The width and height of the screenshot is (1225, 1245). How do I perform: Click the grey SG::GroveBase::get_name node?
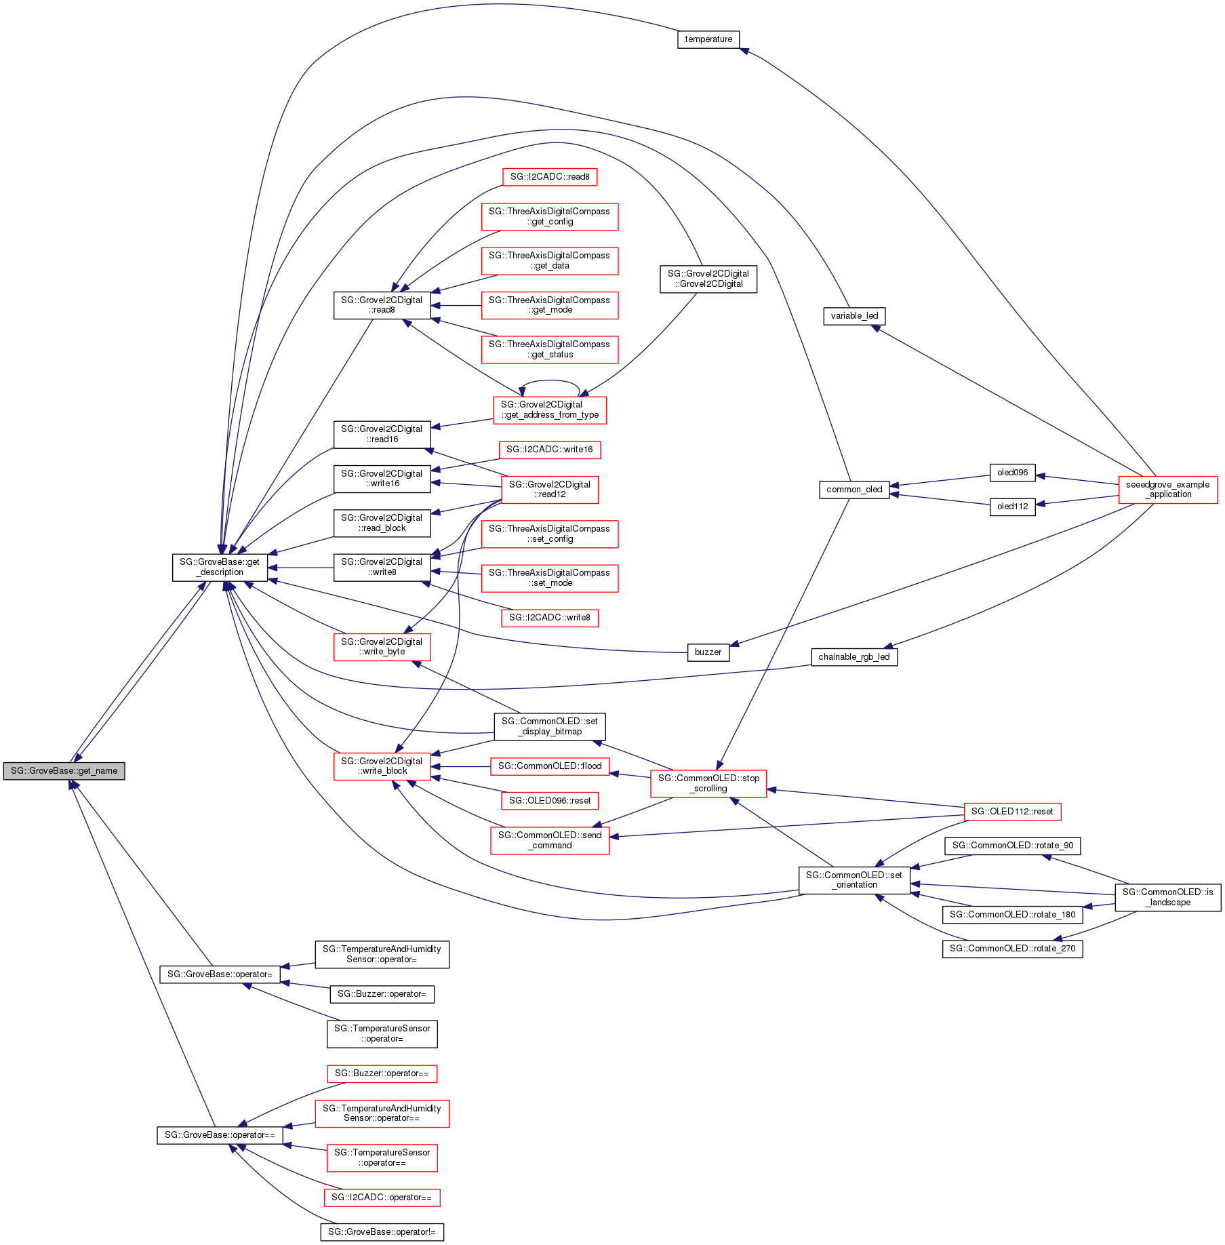click(x=64, y=771)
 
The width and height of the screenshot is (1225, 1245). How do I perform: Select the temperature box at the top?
click(x=708, y=39)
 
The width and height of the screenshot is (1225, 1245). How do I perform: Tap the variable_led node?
click(x=854, y=316)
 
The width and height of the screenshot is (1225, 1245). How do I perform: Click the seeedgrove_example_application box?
click(x=1167, y=490)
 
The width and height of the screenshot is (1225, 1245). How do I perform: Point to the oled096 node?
click(x=1012, y=473)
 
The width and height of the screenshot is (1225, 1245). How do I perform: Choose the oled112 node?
click(x=1012, y=507)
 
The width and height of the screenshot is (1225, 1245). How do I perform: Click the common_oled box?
click(x=854, y=490)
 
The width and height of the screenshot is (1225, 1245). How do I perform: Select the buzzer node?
click(x=708, y=652)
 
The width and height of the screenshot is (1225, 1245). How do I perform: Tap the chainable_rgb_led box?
click(x=854, y=657)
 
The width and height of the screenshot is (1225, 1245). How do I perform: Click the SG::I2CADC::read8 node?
click(x=549, y=177)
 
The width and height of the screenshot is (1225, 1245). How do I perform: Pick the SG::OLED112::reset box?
click(x=1011, y=812)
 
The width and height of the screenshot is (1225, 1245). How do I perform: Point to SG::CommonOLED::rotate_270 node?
click(x=1012, y=949)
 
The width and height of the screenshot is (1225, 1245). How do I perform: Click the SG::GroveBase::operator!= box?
click(x=382, y=1232)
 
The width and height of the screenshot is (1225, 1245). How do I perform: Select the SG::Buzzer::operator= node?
click(x=382, y=994)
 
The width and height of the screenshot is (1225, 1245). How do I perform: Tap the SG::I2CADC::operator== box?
click(x=382, y=1198)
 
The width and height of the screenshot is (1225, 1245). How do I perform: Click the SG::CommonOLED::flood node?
click(x=549, y=766)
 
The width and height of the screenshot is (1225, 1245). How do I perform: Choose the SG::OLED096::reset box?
click(x=549, y=801)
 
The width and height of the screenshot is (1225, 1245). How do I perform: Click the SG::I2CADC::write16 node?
click(x=549, y=450)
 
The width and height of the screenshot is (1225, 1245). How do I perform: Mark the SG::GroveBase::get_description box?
click(x=220, y=568)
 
